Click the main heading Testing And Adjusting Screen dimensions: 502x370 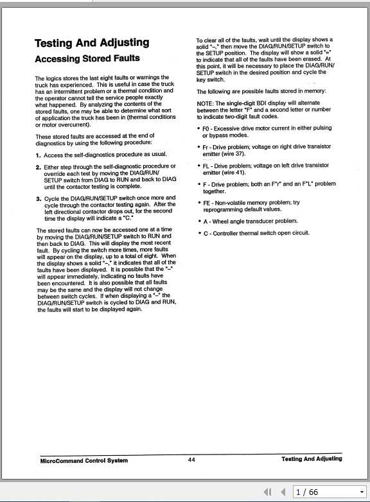92,43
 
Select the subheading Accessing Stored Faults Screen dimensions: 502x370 87,59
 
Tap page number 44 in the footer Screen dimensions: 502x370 191,460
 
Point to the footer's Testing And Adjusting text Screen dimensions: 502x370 312,459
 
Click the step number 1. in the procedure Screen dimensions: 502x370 39,155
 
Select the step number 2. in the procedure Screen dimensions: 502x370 39,167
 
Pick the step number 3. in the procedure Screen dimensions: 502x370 39,198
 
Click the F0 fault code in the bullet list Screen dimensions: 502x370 206,129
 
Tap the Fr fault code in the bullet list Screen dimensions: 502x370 206,147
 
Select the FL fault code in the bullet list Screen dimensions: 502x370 206,166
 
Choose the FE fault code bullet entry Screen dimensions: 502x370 207,203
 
